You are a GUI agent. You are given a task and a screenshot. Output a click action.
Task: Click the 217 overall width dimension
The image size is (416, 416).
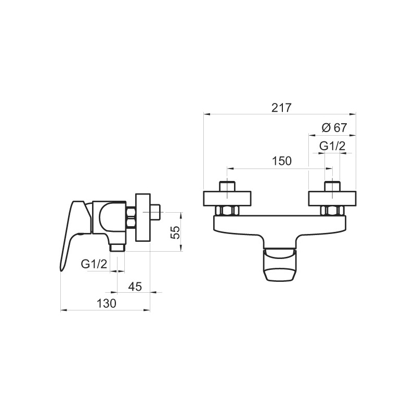(x=281, y=108)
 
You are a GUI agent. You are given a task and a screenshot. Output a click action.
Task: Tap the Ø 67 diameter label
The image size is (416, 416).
(x=334, y=127)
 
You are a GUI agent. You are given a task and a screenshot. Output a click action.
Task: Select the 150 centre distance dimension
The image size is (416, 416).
(x=281, y=161)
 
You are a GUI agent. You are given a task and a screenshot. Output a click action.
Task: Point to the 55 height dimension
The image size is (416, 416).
(x=176, y=232)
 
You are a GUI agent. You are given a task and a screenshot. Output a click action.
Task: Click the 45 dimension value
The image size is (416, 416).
(x=135, y=287)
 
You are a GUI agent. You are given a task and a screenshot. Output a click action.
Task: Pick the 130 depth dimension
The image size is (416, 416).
(x=107, y=304)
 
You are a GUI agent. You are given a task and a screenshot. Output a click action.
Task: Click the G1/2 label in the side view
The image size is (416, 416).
(x=94, y=264)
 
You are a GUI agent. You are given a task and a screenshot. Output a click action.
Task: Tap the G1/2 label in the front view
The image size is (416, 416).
(x=332, y=146)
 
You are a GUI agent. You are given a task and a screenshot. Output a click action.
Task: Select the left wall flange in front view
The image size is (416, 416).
(x=227, y=198)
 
